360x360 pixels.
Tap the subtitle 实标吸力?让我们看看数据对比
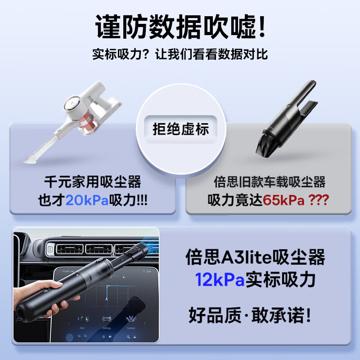click(x=180, y=54)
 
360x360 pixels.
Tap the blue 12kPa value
click(x=220, y=279)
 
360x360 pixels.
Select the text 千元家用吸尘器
click(x=93, y=182)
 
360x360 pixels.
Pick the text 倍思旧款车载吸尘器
click(x=269, y=182)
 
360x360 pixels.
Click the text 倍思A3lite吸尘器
click(x=255, y=257)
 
